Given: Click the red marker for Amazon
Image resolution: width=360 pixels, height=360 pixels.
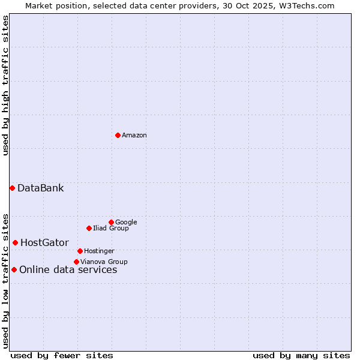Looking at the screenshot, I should tap(118, 135).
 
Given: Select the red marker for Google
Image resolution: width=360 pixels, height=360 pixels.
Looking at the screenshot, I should tap(111, 222).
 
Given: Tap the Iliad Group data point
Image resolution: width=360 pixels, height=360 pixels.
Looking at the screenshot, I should tap(89, 228).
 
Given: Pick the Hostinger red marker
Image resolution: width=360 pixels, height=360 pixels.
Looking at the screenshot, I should tap(80, 251).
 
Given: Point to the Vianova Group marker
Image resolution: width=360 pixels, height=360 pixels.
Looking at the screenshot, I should tap(76, 262).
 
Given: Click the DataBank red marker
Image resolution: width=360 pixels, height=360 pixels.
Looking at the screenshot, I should tap(12, 188).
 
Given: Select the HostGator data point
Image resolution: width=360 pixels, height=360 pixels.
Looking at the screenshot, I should tap(15, 242).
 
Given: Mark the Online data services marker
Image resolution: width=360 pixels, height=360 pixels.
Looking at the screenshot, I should tap(14, 269).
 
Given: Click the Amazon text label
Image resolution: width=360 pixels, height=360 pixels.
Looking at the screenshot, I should tap(134, 136).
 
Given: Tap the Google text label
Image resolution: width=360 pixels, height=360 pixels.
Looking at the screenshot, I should tap(126, 223).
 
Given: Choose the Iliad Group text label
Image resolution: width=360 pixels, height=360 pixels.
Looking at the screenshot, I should tap(111, 229).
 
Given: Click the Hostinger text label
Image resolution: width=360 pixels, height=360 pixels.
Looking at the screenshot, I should tap(99, 251).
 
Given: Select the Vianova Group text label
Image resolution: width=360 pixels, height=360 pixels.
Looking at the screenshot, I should tap(104, 262).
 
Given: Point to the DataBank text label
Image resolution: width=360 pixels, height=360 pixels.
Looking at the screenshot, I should tap(40, 188).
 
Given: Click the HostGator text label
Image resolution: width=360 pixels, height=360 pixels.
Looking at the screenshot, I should tap(44, 243).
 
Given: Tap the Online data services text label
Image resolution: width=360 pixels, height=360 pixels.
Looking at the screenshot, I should tap(68, 270).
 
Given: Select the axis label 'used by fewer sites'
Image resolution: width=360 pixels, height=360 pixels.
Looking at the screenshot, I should tap(62, 355).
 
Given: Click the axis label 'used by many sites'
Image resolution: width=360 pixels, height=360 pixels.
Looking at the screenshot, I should tap(301, 355).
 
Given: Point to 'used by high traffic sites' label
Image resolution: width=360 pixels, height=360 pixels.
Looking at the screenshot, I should tap(6, 85).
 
